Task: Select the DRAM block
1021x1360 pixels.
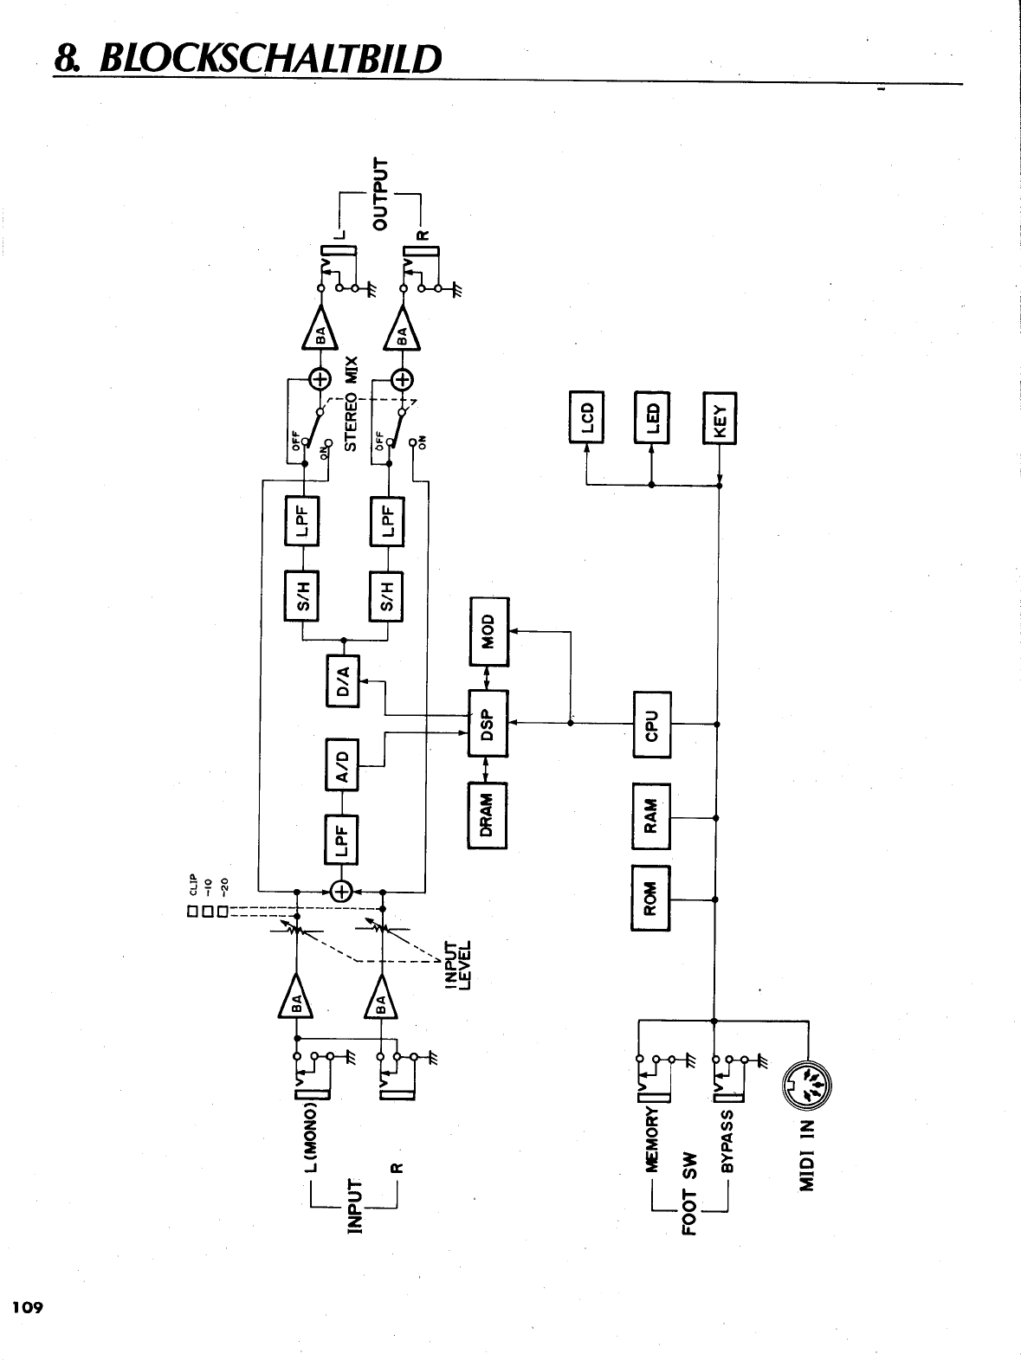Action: (x=487, y=815)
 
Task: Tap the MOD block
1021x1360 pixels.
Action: (x=489, y=631)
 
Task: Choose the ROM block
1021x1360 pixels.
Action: (x=652, y=898)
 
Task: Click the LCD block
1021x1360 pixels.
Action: (x=587, y=416)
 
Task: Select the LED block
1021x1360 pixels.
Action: (x=653, y=416)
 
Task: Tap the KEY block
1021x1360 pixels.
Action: (x=720, y=417)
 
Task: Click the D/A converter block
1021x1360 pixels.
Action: (x=344, y=680)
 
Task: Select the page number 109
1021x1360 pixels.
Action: (x=26, y=1307)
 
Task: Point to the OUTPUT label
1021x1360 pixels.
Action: (x=381, y=193)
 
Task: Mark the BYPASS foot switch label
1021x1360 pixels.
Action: (x=727, y=1140)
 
